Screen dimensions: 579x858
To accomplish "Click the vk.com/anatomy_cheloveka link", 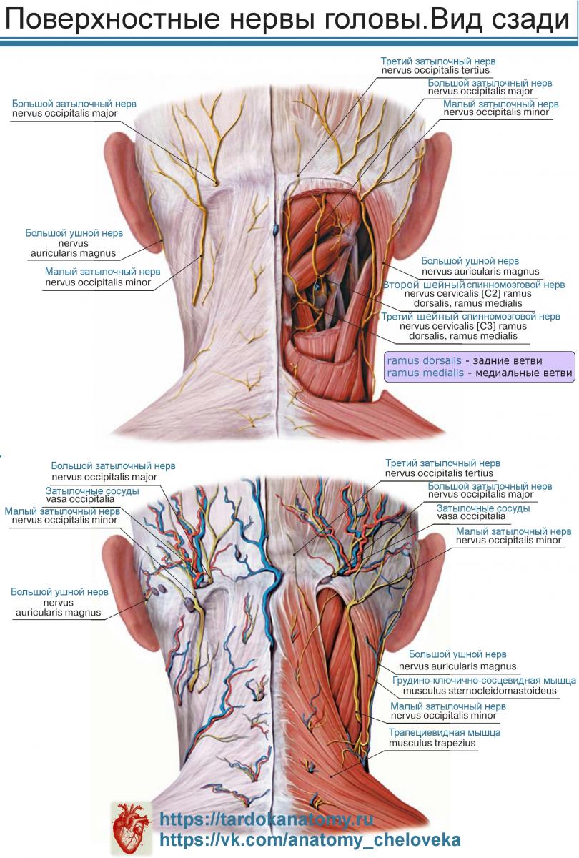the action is [310, 839].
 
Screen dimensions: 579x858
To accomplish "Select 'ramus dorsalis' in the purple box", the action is [425, 360].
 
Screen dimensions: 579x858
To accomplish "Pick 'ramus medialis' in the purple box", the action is [425, 373].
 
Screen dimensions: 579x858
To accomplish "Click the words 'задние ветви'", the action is [508, 361].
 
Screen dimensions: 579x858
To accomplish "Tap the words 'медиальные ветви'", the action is [524, 373].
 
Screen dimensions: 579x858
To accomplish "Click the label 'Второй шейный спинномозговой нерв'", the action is [474, 285].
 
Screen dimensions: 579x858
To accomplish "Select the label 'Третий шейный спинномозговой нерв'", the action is [470, 317].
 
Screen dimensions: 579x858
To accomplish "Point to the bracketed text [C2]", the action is [488, 294].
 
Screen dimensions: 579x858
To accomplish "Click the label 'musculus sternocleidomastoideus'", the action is [480, 691].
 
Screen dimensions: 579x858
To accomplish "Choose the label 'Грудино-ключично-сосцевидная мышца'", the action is [485, 680].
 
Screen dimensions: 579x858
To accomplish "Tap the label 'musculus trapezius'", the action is [432, 743].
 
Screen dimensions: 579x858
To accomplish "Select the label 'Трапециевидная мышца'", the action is [445, 732].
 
